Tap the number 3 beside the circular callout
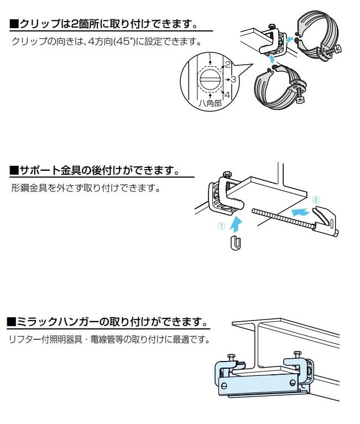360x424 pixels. coord(233,80)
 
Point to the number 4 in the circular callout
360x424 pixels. coord(226,95)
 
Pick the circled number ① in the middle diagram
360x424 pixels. coord(222,225)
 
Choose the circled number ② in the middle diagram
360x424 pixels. coord(315,198)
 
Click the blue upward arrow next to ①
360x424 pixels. coord(236,222)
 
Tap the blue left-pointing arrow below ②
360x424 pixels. coord(299,211)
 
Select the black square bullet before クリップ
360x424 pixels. coord(14,24)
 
